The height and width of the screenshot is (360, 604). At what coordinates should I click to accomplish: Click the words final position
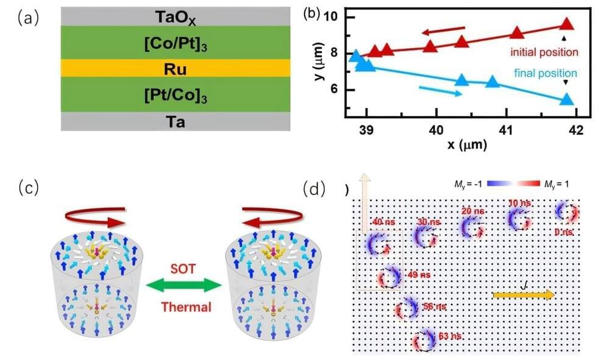pyautogui.click(x=544, y=73)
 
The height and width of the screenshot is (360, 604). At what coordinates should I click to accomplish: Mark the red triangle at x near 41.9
pyautogui.click(x=567, y=24)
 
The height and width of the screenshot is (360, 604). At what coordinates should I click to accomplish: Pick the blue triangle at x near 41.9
pyautogui.click(x=567, y=99)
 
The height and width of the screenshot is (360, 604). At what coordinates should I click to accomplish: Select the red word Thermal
pyautogui.click(x=186, y=306)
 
